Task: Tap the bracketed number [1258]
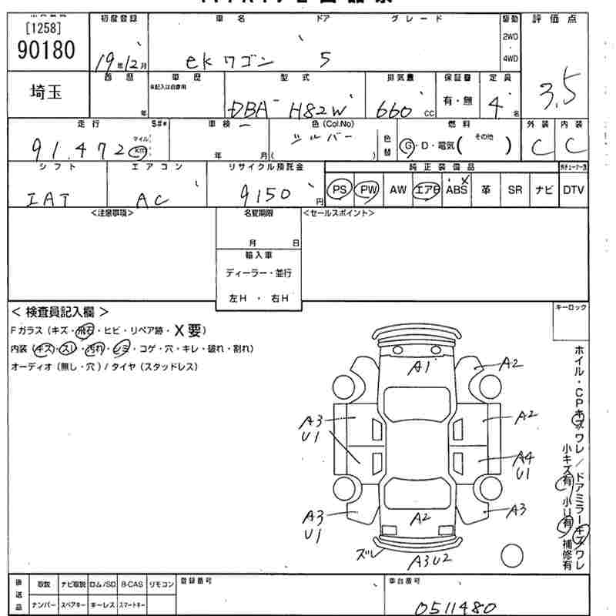(43, 28)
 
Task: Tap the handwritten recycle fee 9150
(264, 193)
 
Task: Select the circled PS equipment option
(340, 190)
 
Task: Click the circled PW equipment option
(369, 190)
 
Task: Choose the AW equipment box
(397, 190)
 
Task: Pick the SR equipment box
(514, 190)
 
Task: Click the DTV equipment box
(573, 190)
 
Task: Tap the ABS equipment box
(457, 190)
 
